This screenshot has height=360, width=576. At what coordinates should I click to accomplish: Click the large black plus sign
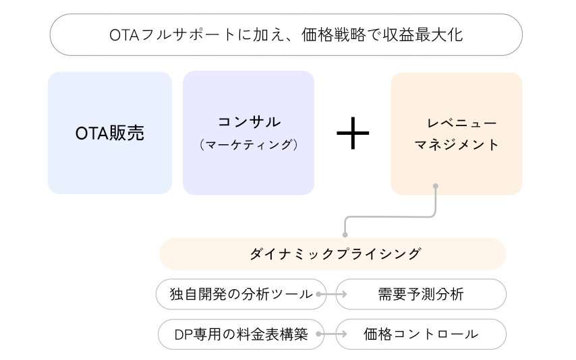coord(353,133)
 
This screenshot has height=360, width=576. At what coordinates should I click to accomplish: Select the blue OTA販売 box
coord(110,133)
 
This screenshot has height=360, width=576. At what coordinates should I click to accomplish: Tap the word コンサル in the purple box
coord(249,122)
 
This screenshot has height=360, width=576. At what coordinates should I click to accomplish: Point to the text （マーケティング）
coord(249,145)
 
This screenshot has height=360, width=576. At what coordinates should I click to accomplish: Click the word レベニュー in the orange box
coord(461,123)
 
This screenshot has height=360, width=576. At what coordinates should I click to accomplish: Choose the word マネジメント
coord(457,145)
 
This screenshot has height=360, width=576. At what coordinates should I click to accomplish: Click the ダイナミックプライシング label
coord(335,254)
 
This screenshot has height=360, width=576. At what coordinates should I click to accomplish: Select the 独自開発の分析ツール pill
coord(241,294)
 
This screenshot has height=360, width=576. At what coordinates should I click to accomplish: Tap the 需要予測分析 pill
coord(421,294)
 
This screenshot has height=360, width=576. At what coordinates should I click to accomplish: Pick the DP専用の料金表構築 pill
coord(241,334)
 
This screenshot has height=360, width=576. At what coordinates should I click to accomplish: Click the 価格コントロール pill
coord(421,334)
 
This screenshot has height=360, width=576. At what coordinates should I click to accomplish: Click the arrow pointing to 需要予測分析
coord(331,294)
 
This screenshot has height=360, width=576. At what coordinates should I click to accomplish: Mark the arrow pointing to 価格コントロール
coord(331,334)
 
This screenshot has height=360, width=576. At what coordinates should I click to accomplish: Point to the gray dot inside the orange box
coord(436,186)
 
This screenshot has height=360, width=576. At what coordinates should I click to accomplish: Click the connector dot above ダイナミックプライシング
coord(345,235)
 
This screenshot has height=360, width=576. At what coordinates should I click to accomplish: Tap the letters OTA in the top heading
coord(124,35)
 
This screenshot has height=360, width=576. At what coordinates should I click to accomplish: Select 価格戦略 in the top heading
coord(334,35)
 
